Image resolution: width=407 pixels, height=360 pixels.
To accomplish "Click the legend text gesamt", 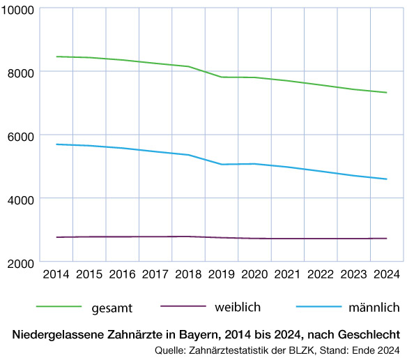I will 112,307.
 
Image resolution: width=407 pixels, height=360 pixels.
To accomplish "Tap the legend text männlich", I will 373,307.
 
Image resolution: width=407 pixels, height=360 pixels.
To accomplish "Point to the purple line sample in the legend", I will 183,306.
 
